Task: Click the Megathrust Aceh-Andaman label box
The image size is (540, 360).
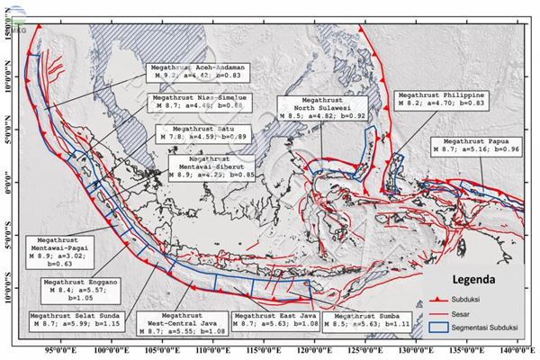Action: pos(199,73)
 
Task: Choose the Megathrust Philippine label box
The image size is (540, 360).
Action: pos(442,98)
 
